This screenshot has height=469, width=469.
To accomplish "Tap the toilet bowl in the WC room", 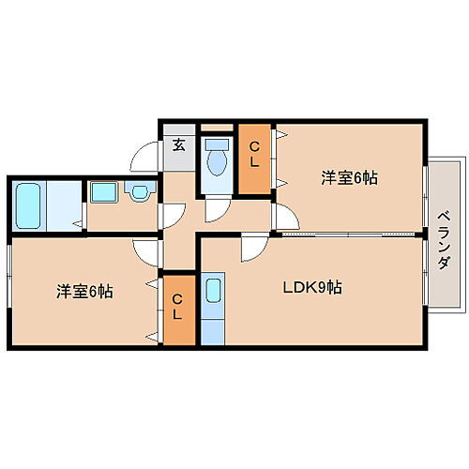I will point(218,160).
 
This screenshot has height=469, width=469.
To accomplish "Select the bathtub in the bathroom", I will point(27,204).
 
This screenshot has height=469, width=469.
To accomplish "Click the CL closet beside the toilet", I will point(253,159).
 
